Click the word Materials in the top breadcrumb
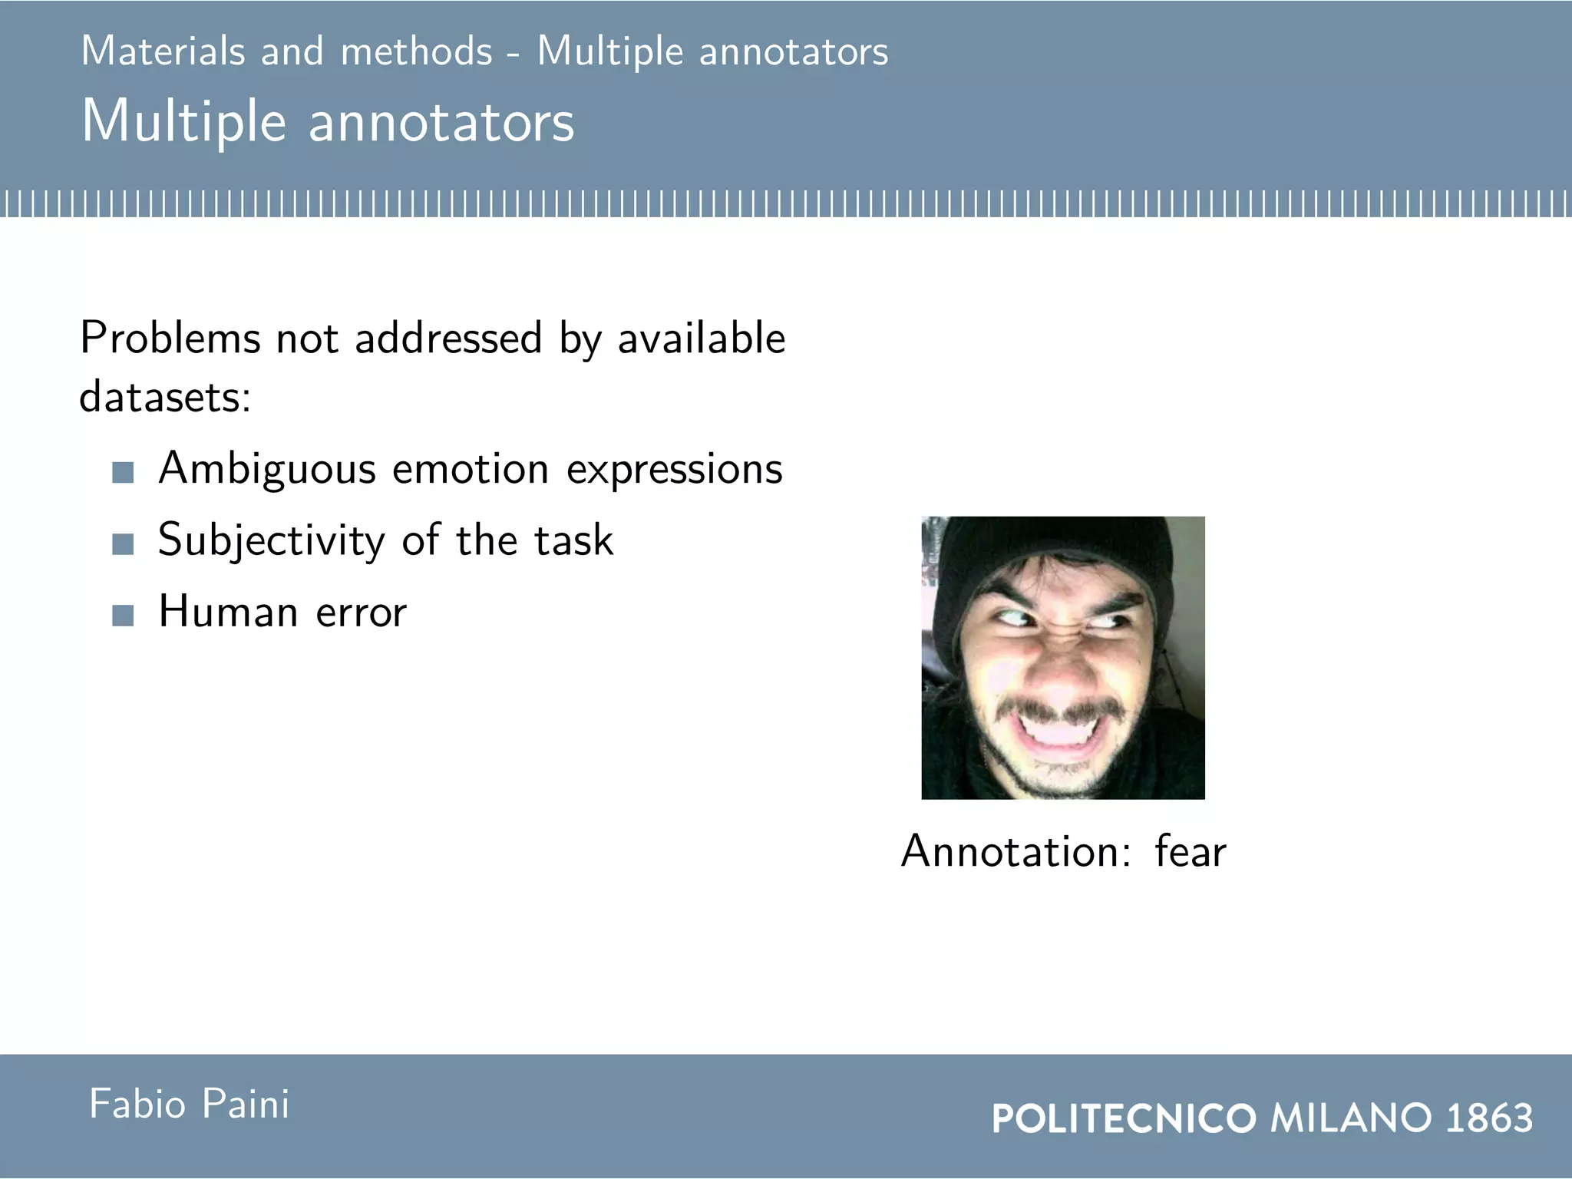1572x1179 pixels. (163, 51)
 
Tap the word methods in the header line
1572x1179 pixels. (416, 51)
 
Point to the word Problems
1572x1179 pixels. (170, 338)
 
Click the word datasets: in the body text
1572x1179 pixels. (165, 397)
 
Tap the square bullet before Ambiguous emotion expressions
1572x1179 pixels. (123, 472)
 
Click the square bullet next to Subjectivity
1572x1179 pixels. (123, 544)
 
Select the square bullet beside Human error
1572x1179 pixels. (123, 616)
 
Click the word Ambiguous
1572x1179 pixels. (267, 469)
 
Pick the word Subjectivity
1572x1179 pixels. (271, 540)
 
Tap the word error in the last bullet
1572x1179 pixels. (361, 613)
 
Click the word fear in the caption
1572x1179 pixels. (1191, 851)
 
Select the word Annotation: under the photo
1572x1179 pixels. (1016, 851)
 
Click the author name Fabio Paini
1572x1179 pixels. (189, 1105)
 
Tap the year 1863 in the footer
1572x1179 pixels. (1489, 1118)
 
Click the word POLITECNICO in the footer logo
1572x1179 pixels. (1124, 1118)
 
